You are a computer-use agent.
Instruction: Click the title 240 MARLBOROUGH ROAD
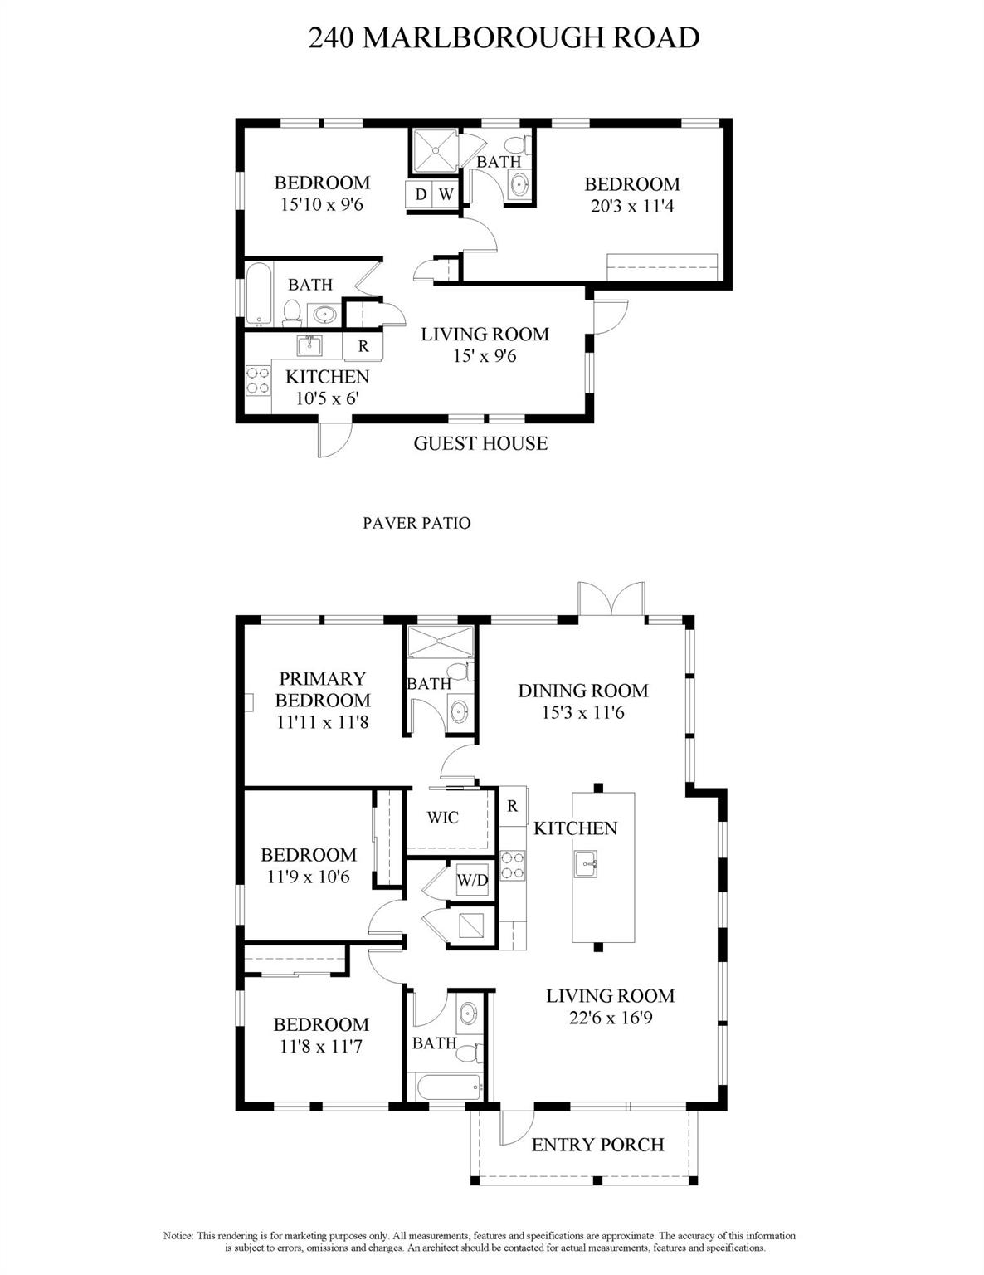point(504,37)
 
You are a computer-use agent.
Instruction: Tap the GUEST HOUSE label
point(480,443)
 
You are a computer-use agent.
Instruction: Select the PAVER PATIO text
point(416,523)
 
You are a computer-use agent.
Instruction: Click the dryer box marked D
point(420,193)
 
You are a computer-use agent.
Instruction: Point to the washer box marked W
point(446,193)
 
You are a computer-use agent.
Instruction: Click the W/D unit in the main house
point(472,880)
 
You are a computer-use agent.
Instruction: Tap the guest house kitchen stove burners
point(257,380)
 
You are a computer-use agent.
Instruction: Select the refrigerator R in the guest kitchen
point(363,346)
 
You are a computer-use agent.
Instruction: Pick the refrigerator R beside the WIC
point(513,807)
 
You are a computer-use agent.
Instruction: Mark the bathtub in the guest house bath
point(259,294)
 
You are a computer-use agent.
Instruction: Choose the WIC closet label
point(443,818)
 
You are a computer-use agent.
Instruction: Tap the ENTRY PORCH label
point(597,1144)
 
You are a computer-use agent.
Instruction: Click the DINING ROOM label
point(583,691)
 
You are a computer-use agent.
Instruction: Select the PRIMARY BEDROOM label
point(323,690)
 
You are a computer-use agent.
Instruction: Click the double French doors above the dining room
point(611,598)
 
